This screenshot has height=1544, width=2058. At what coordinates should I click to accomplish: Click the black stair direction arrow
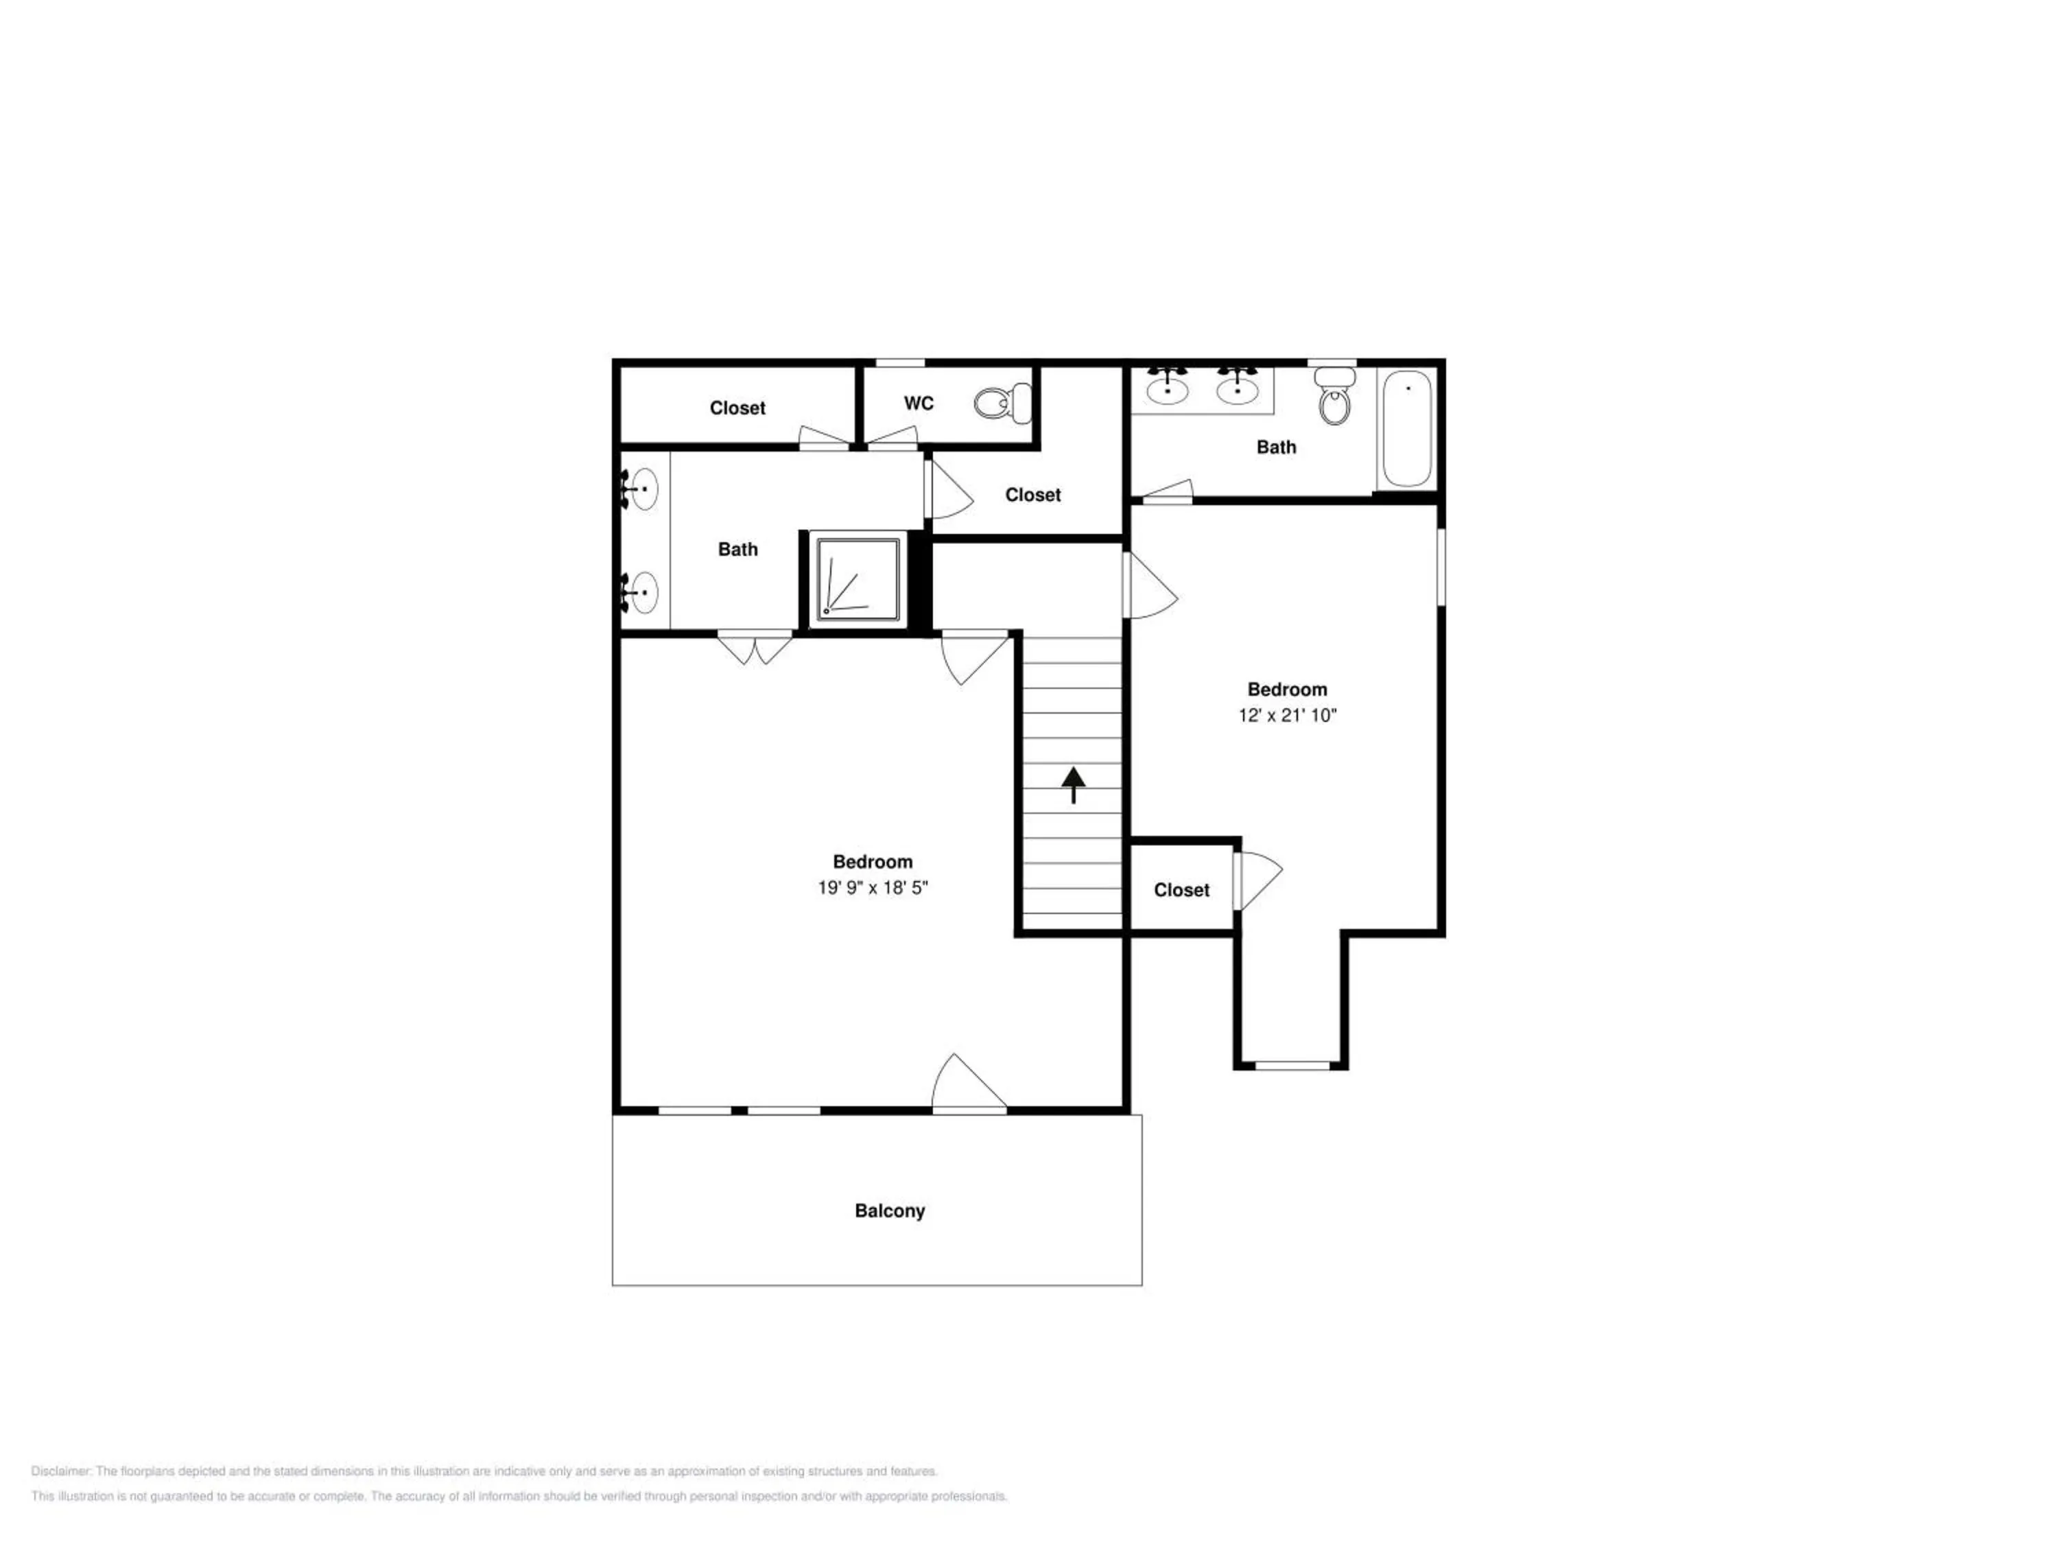coord(1074,784)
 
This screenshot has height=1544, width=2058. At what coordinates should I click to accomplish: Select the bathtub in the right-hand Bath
coord(1407,428)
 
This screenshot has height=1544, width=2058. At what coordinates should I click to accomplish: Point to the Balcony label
coord(890,1210)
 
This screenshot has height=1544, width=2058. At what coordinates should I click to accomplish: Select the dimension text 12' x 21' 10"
coord(1287,715)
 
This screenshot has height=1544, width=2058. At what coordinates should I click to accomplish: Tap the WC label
coord(919,403)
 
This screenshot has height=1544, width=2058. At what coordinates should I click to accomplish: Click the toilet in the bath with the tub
coord(1335,395)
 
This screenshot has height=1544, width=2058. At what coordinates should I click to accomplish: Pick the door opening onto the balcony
coord(969,1082)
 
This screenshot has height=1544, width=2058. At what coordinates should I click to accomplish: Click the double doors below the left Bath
coord(755,648)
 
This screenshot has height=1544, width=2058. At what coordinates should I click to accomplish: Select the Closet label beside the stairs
coord(1181,891)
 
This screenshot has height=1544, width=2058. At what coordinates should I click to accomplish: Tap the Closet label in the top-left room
coord(737,408)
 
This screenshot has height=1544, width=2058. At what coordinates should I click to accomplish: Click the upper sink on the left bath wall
coord(640,489)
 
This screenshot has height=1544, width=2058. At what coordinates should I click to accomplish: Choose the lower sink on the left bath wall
coord(640,593)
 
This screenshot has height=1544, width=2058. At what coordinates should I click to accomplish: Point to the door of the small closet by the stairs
coord(1258,881)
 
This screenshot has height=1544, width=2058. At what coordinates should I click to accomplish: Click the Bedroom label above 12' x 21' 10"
coord(1287,690)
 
